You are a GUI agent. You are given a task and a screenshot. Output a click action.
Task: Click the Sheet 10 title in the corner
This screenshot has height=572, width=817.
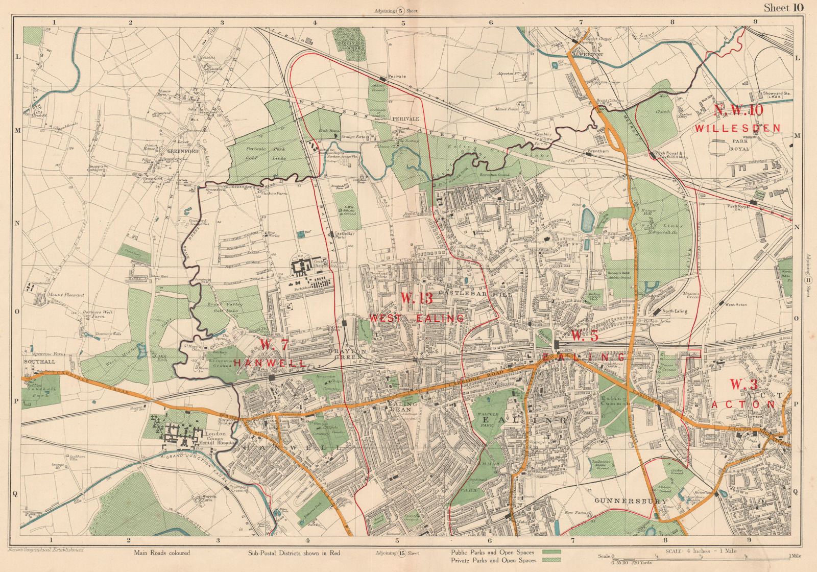(x=784, y=7)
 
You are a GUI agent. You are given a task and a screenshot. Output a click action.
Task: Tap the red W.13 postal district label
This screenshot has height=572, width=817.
(x=417, y=298)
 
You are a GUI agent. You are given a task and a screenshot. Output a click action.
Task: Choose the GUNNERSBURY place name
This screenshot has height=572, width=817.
(x=631, y=501)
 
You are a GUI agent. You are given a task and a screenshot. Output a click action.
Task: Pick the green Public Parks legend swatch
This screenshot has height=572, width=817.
(x=551, y=552)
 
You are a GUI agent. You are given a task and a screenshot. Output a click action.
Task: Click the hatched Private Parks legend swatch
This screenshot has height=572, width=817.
(x=551, y=560)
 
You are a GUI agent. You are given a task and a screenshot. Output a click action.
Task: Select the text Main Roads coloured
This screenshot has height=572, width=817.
(x=162, y=553)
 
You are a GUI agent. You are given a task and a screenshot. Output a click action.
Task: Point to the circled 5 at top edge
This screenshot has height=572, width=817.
(x=401, y=10)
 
